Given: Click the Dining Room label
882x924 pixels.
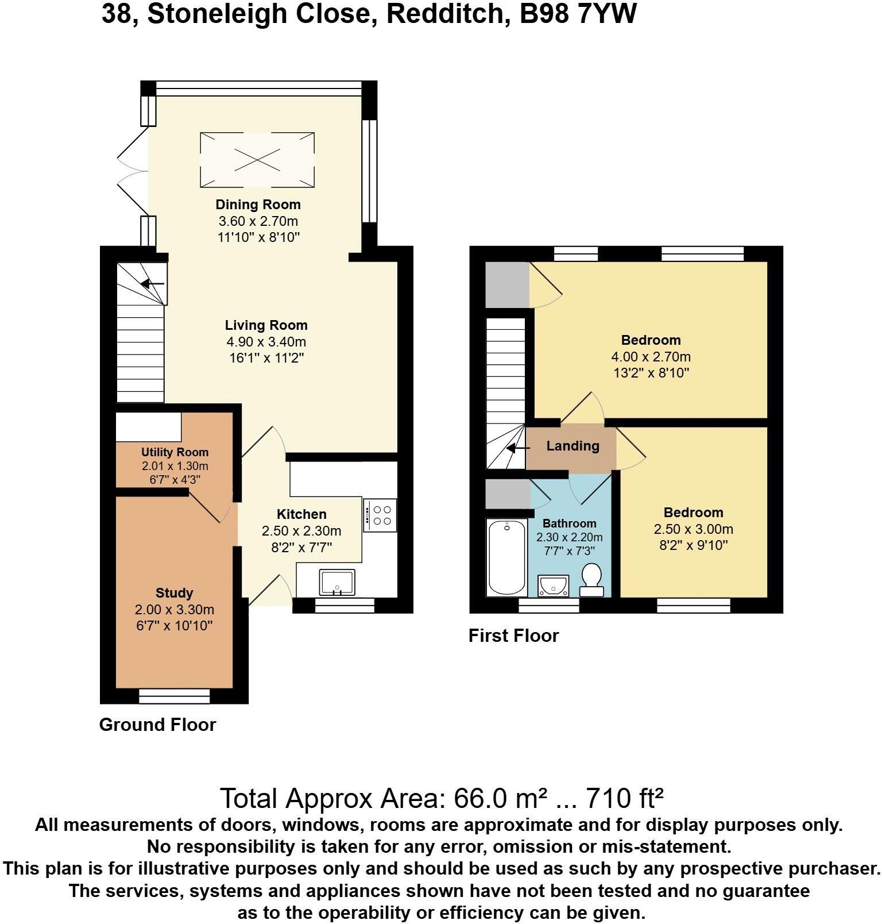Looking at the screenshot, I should pos(258,205).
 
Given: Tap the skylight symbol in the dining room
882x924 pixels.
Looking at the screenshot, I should pos(257,159).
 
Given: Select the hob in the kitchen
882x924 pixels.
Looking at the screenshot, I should pos(380,515).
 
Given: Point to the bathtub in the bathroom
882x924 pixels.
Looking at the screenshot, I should pos(506,557).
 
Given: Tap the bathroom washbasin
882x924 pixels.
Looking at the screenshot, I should pos(553,586).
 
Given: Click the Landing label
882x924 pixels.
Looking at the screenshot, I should pos(572,446).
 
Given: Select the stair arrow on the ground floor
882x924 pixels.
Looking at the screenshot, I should pos(153,284).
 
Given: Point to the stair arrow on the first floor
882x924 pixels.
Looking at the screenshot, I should pos(518,449).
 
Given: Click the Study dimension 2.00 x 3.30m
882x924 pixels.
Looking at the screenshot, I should pos(175,610).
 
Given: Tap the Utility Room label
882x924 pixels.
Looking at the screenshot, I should pos(175,452).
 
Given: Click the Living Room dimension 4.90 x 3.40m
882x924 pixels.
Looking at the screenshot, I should pos(266,342).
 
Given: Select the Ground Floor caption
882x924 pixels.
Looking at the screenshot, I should pos(157,725).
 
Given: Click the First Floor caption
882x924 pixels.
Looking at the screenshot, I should pos(513,636).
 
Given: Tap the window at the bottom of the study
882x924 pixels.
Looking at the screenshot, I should pos(175,696).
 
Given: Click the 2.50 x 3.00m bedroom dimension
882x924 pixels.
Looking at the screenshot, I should pos(693,529).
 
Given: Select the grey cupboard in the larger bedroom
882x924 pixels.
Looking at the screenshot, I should pos(507,284).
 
